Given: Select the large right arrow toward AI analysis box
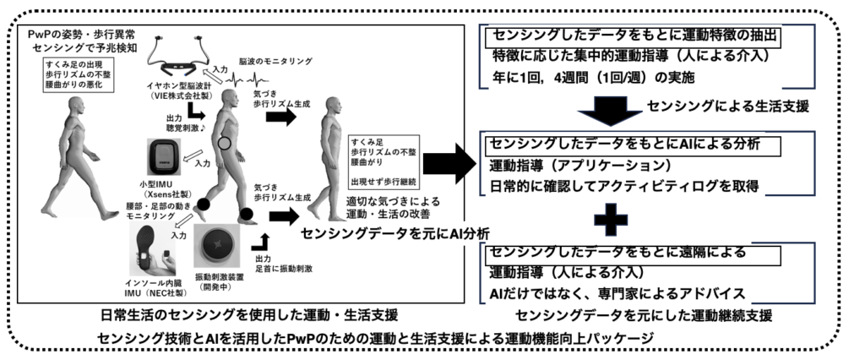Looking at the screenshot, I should pos(446,163).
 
